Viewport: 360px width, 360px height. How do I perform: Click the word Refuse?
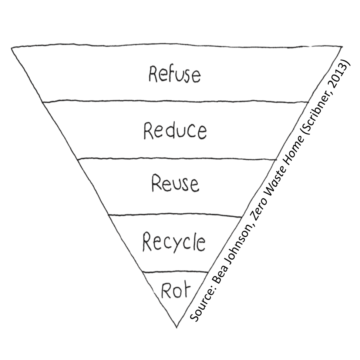pos(174,74)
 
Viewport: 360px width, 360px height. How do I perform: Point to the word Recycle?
pos(174,243)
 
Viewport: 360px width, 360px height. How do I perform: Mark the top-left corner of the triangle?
pos(13,47)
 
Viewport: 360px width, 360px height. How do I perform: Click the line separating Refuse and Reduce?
pos(176,101)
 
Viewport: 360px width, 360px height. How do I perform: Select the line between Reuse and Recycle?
pos(176,215)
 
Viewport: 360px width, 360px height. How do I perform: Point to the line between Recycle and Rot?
pos(176,272)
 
